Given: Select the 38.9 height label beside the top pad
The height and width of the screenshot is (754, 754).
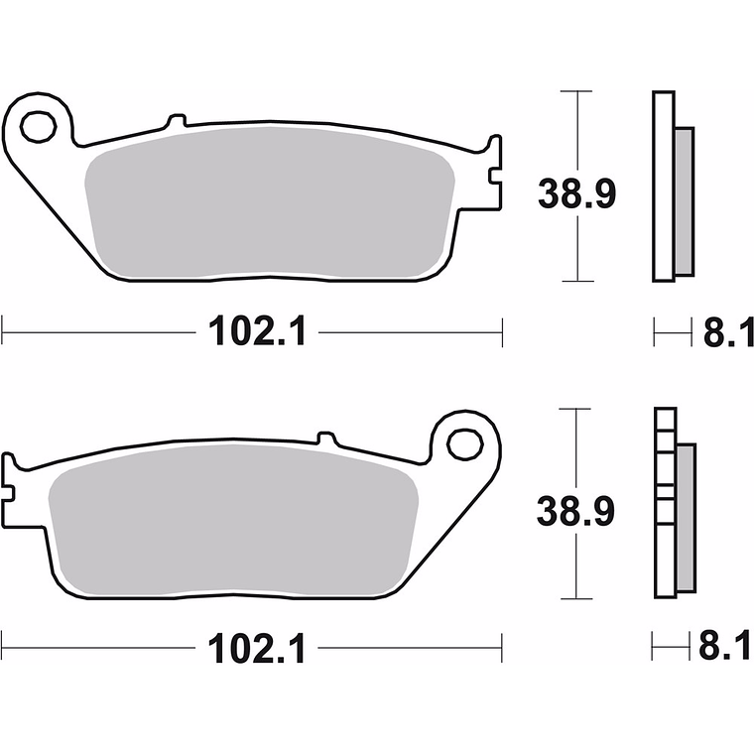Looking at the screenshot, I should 577,193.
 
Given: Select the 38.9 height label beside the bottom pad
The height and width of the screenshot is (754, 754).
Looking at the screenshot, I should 577,511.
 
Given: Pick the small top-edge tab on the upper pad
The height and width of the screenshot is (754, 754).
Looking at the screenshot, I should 176,122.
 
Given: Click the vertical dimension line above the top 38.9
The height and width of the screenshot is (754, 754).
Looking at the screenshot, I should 576,129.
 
